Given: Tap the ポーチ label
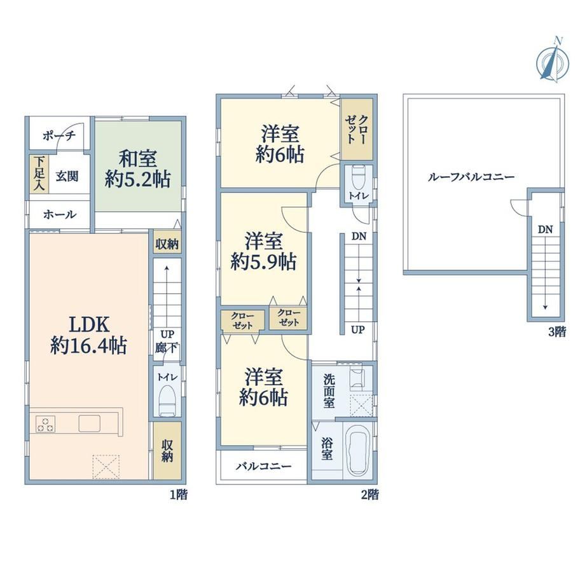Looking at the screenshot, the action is [59, 135].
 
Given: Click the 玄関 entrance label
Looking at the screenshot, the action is [67, 175].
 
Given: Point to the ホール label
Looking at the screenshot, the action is [60, 214].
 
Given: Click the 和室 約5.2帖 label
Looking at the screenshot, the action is [138, 169].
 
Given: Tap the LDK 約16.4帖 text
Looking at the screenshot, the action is [89, 335].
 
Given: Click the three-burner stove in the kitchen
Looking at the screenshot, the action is [45, 424].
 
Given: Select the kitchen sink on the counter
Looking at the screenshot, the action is [90, 424].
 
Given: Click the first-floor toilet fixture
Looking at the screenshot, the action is [167, 399].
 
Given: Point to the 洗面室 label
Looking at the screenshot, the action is [329, 391].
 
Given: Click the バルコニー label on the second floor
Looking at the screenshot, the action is [264, 466].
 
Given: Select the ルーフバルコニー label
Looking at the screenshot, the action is [471, 177].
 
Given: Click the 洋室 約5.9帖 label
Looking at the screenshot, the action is [263, 251].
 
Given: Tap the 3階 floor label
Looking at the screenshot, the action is [557, 332].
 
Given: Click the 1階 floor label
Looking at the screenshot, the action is [179, 495].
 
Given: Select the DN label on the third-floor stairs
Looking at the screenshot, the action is [545, 230].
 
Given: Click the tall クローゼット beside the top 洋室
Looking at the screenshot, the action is [357, 129].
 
